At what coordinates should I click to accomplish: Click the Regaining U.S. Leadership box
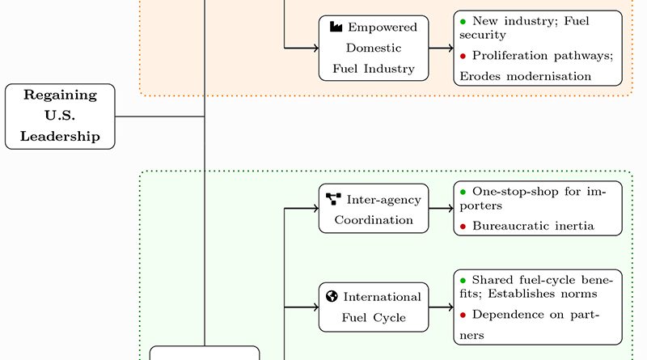point(60,116)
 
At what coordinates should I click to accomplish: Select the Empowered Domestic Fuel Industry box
point(374,48)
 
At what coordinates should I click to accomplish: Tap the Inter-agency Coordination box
point(374,208)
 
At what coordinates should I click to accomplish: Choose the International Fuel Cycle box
point(374,307)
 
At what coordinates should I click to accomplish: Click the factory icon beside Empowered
point(336,27)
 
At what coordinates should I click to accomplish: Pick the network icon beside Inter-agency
point(333,197)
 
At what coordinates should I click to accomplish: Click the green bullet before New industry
point(463,19)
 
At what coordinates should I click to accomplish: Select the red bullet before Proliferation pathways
point(463,56)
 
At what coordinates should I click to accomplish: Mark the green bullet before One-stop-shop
point(463,192)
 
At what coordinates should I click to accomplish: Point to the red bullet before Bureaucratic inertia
point(463,227)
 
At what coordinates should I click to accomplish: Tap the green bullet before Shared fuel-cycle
point(463,279)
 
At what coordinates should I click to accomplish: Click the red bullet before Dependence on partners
point(463,314)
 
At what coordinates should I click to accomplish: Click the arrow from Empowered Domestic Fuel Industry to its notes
point(441,49)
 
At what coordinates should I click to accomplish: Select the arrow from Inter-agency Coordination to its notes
point(441,209)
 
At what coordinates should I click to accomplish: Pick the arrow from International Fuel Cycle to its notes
point(441,307)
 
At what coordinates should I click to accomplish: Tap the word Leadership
point(60,136)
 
